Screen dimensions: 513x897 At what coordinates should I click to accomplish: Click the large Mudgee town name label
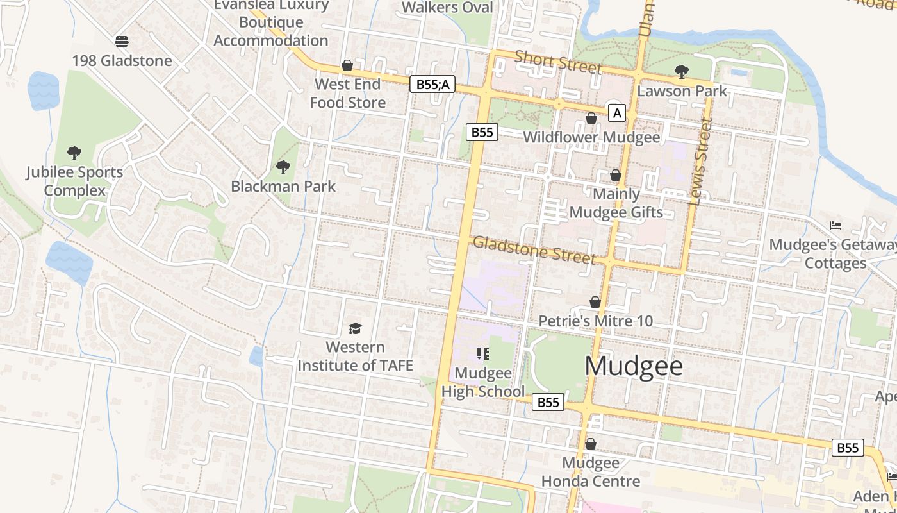[x=634, y=366]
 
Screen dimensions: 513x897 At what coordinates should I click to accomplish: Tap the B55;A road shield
[x=432, y=84]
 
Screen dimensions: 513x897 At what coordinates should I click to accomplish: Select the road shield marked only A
[x=616, y=114]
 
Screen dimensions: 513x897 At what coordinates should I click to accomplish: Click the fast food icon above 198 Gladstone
[x=122, y=42]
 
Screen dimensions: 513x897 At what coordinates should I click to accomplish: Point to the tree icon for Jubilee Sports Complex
[x=74, y=153]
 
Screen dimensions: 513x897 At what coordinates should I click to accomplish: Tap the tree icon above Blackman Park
[x=283, y=167]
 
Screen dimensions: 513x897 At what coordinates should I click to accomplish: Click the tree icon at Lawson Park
[x=682, y=71]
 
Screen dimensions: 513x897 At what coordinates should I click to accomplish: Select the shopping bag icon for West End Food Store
[x=347, y=65]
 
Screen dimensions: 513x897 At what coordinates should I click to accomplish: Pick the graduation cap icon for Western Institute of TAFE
[x=355, y=328]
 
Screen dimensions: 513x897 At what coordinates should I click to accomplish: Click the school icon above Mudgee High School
[x=483, y=353]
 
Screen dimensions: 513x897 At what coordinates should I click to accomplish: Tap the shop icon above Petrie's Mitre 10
[x=595, y=301]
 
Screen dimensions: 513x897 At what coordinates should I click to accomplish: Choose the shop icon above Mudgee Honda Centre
[x=591, y=443]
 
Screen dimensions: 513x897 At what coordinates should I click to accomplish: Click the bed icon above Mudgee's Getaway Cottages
[x=835, y=225]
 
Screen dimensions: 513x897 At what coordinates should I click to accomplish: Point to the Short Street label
[x=558, y=62]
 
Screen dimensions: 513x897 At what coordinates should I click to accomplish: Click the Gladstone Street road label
[x=534, y=250]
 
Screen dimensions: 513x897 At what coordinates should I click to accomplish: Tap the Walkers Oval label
[x=447, y=8]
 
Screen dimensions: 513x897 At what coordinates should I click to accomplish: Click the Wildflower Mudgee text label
[x=591, y=137]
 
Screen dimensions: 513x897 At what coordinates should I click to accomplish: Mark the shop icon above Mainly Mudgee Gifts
[x=616, y=175]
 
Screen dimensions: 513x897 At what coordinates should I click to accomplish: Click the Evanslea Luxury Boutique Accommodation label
[x=271, y=22]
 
